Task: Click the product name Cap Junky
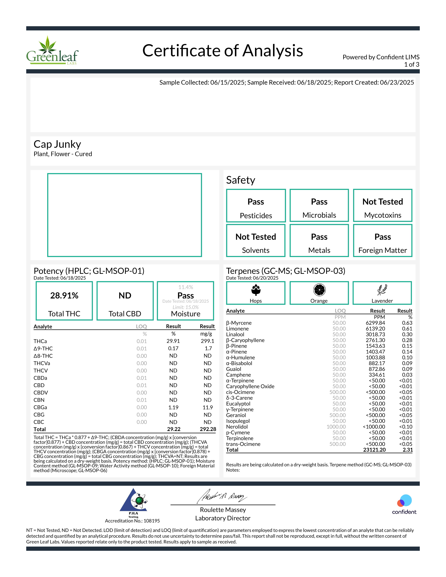(x=57, y=144)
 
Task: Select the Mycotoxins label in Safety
(x=382, y=215)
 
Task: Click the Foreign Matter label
(x=382, y=250)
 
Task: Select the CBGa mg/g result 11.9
(x=208, y=407)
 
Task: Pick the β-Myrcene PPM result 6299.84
(x=375, y=323)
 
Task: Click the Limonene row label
(x=237, y=329)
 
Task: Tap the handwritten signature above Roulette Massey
(x=222, y=497)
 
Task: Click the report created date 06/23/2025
(x=397, y=82)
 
